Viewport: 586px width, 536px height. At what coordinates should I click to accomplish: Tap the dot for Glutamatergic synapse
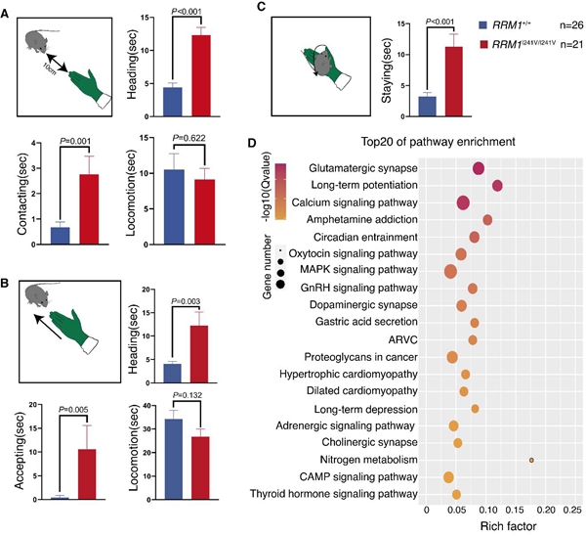tap(479, 168)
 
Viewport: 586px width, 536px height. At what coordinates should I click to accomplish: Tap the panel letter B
tap(6, 284)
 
